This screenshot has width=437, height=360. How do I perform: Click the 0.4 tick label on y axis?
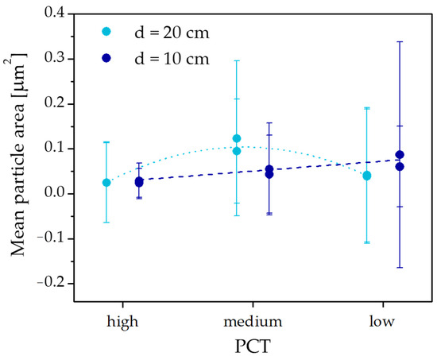pos(54,13)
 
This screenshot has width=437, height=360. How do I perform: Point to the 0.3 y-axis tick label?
pos(54,59)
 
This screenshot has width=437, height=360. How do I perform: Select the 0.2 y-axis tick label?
pos(54,103)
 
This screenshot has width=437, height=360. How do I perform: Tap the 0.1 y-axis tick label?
pos(54,149)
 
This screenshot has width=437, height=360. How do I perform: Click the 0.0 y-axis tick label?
pos(54,194)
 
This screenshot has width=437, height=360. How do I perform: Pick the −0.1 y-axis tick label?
pos(51,238)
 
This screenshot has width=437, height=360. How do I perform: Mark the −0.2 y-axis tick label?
pos(51,284)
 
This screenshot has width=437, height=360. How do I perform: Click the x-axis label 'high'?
pos(122,323)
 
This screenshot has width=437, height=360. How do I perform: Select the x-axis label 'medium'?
pos(253,322)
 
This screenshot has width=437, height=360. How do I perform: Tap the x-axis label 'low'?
pos(382,322)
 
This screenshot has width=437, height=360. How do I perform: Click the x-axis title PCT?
pos(253,346)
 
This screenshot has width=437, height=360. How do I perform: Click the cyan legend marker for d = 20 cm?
pos(106,32)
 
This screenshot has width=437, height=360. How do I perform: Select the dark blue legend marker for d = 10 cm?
pos(106,58)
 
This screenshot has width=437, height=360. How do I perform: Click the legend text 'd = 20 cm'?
pos(172,33)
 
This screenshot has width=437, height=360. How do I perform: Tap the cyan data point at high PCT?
pos(106,183)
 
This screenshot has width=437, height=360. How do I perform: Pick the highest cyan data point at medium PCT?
pos(237,138)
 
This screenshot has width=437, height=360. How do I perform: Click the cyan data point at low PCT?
pos(367,176)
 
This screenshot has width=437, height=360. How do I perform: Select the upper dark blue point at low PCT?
pos(400,154)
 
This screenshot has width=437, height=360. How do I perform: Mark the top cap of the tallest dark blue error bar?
pos(400,41)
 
